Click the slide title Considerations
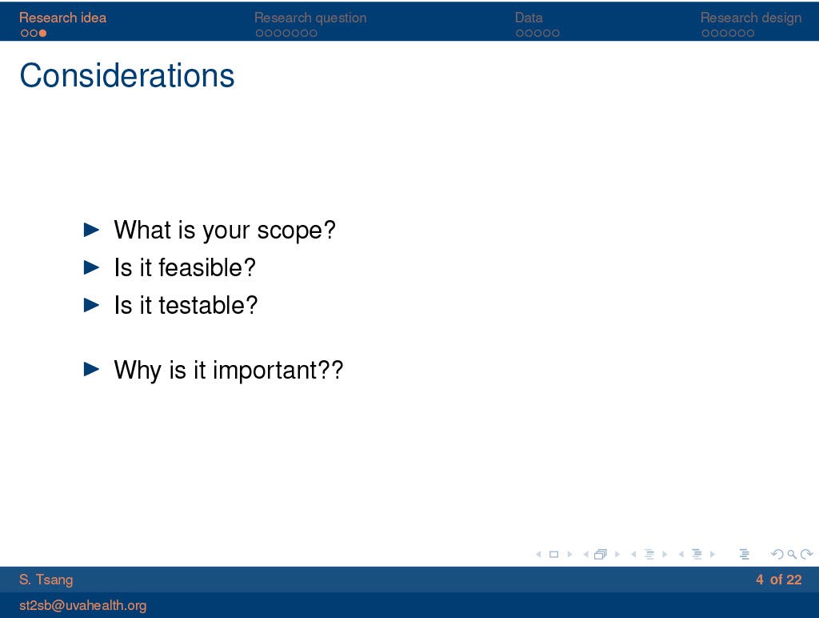coord(127,75)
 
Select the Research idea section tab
coord(62,18)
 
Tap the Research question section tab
coord(310,18)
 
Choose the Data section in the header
coord(529,18)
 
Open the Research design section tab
coord(750,18)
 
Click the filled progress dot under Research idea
coord(43,34)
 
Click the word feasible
coord(201,267)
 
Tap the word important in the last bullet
coord(264,370)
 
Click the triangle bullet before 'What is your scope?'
coord(91,230)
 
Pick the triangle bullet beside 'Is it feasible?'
coord(91,267)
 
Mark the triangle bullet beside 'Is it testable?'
coord(91,305)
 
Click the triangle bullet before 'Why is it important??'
coord(91,369)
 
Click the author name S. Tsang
coord(46,580)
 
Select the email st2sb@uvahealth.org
coord(82,605)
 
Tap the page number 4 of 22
coord(778,580)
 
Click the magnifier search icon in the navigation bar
coord(792,554)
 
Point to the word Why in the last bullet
coord(138,370)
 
